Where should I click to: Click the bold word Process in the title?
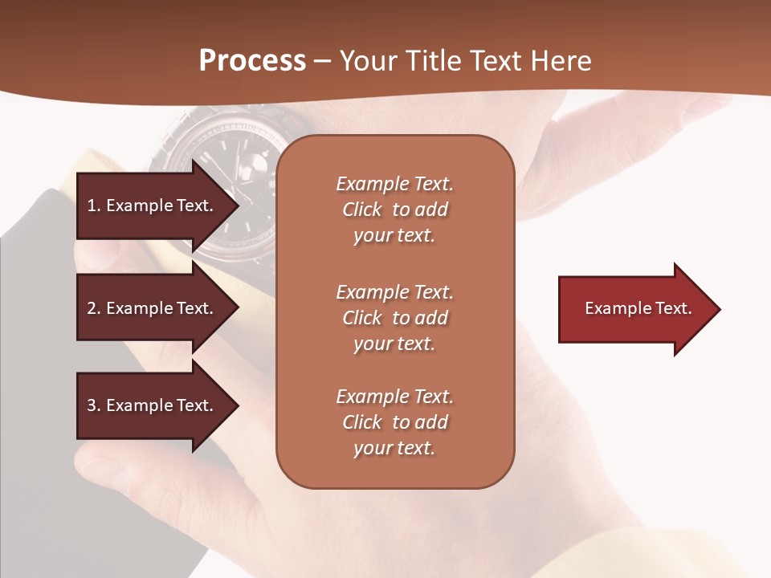252,61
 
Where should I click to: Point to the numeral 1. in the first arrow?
94,206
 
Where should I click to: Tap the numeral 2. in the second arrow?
94,308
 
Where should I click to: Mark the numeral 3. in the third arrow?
94,405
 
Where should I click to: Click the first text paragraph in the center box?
394,210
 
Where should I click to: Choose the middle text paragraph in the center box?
394,318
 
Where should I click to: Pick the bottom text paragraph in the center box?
394,422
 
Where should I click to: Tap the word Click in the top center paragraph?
362,210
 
